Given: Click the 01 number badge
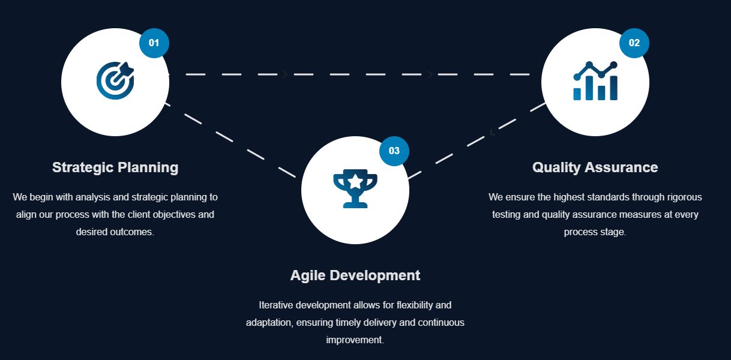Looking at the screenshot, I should click(x=154, y=43).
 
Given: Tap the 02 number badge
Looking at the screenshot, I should click(x=634, y=43).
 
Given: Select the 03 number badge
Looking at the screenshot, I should click(x=394, y=151).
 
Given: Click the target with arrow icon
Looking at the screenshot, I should click(x=115, y=80).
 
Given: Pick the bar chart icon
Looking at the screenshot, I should click(x=595, y=82).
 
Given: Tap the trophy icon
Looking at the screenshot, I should click(x=355, y=188).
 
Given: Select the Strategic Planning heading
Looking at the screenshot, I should click(x=115, y=167).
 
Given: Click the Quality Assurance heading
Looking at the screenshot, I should click(x=595, y=167).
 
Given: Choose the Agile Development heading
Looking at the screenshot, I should click(x=355, y=275).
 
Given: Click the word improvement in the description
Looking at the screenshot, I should click(x=354, y=340).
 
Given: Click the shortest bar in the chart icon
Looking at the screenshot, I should click(x=577, y=94).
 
